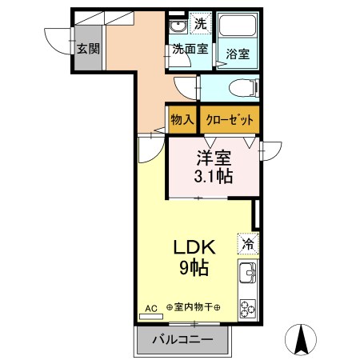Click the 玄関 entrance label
point(88,48)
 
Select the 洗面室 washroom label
point(190,50)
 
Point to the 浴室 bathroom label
point(237,55)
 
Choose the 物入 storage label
point(182,120)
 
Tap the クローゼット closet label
point(230,120)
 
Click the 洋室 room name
point(214,158)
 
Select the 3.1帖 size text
point(214,177)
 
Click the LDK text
point(194,248)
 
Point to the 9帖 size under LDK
point(194,268)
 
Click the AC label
point(151,307)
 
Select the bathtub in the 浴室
point(238,30)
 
